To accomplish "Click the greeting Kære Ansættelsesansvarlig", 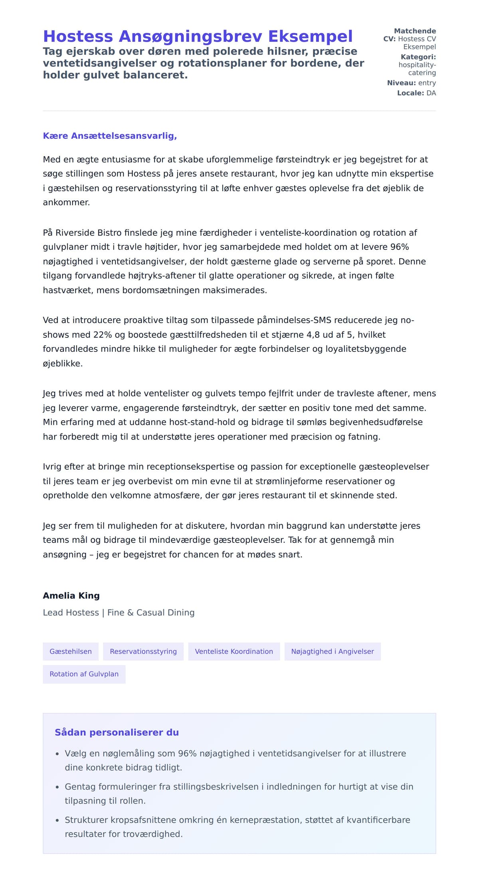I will [110, 136].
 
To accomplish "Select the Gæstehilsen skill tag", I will [71, 651].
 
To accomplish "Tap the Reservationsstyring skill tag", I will [143, 651].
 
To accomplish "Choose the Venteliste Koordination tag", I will [234, 651].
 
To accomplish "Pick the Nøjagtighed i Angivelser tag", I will [333, 651].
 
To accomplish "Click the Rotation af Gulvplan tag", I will [84, 674].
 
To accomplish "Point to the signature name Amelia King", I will [71, 596].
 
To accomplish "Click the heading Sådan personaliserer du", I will [117, 732].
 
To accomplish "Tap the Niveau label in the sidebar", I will [401, 83].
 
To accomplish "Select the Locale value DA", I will [431, 93].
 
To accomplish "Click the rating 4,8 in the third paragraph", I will [313, 335].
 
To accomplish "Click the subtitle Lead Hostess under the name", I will [71, 612].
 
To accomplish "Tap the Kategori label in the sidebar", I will [418, 57].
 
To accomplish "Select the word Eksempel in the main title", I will [310, 36].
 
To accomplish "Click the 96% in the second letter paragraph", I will [400, 247].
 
